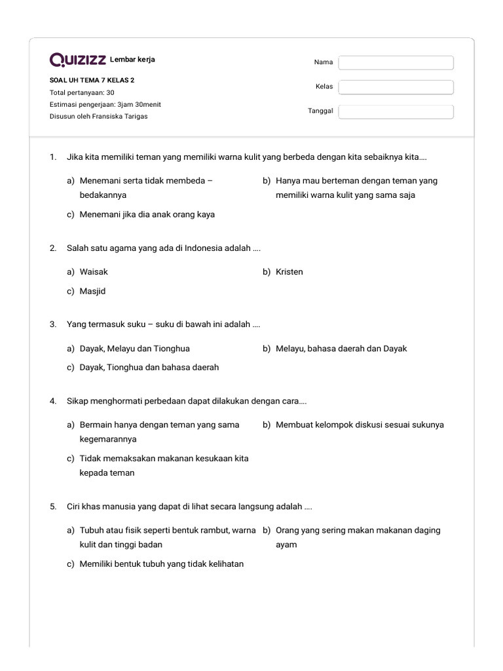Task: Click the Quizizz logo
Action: (x=78, y=60)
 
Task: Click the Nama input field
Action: (x=396, y=62)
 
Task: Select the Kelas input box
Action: (x=396, y=87)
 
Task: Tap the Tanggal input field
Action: (x=396, y=111)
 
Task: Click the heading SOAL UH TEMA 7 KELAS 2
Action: (x=92, y=81)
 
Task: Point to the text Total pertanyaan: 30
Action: (x=82, y=92)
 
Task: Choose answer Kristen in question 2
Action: (x=289, y=272)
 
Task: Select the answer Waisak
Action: (x=94, y=272)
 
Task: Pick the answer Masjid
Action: (x=92, y=292)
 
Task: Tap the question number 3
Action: (x=52, y=324)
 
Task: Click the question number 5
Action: (x=52, y=507)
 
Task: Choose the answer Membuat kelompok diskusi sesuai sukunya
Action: (x=359, y=425)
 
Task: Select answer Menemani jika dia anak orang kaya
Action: (x=147, y=214)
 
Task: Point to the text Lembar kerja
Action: (x=133, y=60)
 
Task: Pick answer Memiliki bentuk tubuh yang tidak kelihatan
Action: (x=161, y=564)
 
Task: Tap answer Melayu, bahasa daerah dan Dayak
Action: (x=341, y=349)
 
